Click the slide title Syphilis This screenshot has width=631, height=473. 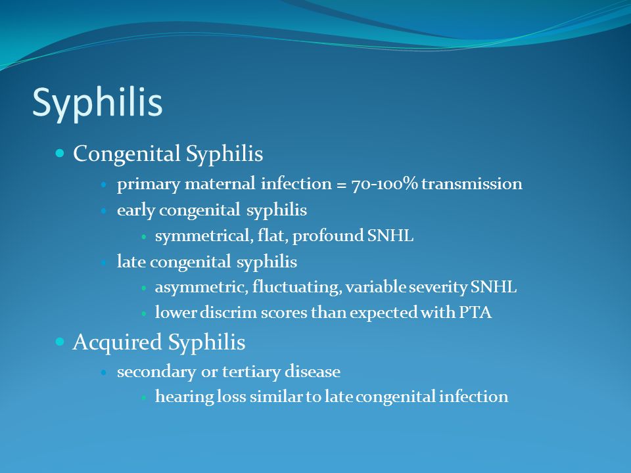(97, 104)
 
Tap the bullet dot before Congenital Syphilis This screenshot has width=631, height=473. (60, 153)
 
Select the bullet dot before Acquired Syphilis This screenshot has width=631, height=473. (60, 342)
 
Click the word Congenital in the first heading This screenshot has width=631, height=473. (126, 154)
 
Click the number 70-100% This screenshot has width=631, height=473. (385, 184)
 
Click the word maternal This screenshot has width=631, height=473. (220, 184)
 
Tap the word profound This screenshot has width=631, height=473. (328, 236)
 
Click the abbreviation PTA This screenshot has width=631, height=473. (475, 313)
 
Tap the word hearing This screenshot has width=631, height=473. (184, 397)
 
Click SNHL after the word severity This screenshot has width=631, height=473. (494, 287)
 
